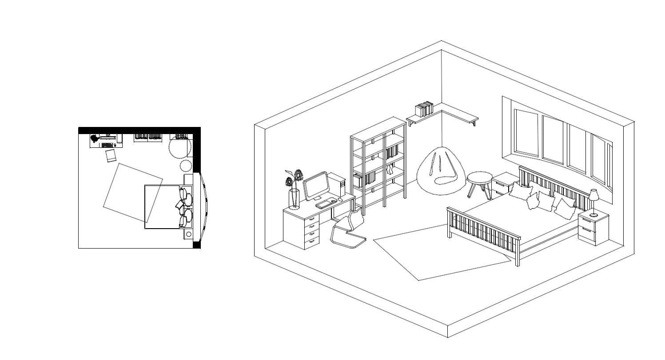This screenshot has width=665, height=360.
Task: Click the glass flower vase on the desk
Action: pyautogui.click(x=294, y=198)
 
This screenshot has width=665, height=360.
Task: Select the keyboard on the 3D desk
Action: pyautogui.click(x=326, y=204)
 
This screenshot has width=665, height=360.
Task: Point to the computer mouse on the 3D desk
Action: pyautogui.click(x=340, y=200)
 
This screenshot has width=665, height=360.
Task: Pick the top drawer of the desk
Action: pyautogui.click(x=312, y=219)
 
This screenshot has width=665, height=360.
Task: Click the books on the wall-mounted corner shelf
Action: pyautogui.click(x=424, y=109)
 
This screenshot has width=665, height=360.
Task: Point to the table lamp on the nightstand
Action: pyautogui.click(x=593, y=200)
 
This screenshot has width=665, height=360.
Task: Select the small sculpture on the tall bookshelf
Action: pyautogui.click(x=390, y=170)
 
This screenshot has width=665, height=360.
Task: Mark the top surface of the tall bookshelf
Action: pyautogui.click(x=378, y=129)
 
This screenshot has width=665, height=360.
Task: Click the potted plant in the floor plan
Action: pyautogui.click(x=95, y=139)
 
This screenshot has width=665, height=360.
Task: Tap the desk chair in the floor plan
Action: pyautogui.click(x=111, y=156)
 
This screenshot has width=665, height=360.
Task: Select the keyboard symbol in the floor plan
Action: pyautogui.click(x=107, y=145)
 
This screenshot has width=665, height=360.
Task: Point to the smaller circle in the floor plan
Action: pyautogui.click(x=186, y=166)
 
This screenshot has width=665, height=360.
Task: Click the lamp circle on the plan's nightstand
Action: pyautogui.click(x=189, y=234)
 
